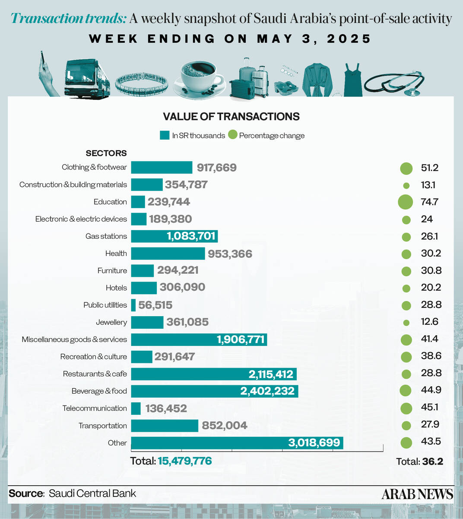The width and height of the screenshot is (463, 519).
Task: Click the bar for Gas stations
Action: tap(174, 236)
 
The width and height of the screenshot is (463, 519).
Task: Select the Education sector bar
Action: tap(138, 202)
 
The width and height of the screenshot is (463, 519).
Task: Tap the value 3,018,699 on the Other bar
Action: tap(314, 443)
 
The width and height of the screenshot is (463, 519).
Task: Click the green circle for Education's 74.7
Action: tap(406, 202)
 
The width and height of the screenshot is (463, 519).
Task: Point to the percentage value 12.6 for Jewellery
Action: tap(429, 322)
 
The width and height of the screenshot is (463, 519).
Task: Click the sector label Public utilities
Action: tap(105, 305)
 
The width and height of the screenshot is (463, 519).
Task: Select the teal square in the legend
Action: tap(164, 135)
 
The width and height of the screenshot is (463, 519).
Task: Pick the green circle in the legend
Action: tap(233, 135)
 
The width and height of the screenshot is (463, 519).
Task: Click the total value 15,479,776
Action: tap(185, 461)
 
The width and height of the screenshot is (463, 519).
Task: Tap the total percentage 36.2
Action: tap(432, 461)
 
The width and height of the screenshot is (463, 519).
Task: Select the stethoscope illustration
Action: tap(394, 82)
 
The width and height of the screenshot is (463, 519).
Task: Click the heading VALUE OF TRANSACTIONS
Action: tap(231, 116)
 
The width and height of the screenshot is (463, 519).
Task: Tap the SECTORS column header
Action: tap(106, 153)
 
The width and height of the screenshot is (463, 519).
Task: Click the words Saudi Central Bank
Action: tap(92, 493)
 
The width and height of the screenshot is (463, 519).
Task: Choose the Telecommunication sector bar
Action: tap(136, 408)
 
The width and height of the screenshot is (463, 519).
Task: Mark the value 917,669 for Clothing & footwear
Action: tap(216, 167)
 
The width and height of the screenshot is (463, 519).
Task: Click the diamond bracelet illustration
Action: tap(141, 83)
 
